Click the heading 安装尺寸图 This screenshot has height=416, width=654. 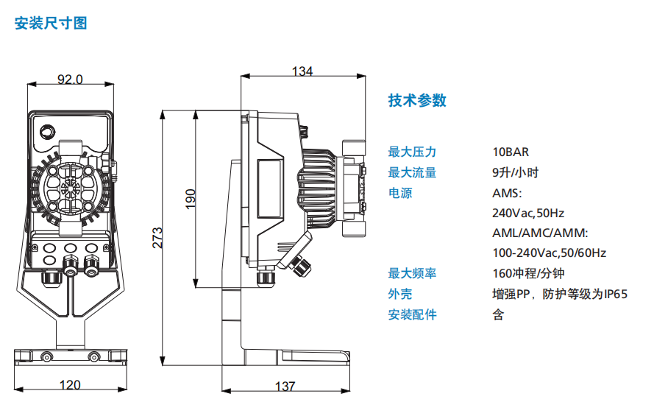(x=51, y=24)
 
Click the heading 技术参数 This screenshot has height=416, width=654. (x=417, y=101)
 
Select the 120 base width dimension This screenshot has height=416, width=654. (x=70, y=385)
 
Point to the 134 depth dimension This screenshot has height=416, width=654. (x=302, y=71)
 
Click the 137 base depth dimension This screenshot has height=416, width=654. (x=285, y=386)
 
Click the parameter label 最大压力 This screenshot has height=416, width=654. (x=412, y=152)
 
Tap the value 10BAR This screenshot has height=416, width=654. (x=511, y=152)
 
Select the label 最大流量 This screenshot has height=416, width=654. (x=412, y=173)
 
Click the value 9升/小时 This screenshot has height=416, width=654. (x=516, y=173)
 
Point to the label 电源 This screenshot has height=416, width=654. (x=400, y=194)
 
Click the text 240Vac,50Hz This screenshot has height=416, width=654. (x=528, y=214)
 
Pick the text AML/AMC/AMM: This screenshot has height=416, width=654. (x=541, y=233)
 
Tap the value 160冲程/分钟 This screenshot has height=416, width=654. (x=528, y=274)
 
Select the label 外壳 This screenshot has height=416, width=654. (x=400, y=295)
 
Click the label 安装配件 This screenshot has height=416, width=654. (x=412, y=315)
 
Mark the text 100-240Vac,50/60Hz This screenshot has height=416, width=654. (x=549, y=253)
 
